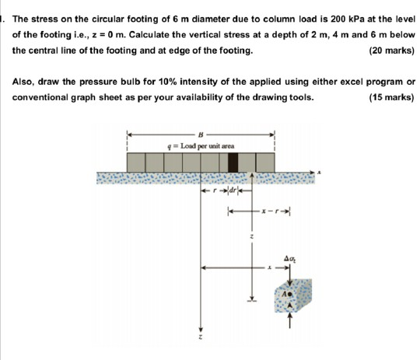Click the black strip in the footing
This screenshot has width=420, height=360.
pos(233,162)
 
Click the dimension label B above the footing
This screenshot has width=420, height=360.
pos(201,133)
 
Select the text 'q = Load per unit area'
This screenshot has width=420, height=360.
pos(201,145)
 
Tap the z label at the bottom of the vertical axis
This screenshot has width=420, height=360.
pos(201,341)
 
